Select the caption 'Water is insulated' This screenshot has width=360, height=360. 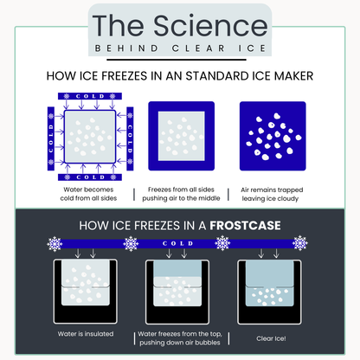click(x=84, y=332)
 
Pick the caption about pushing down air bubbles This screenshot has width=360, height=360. click(x=181, y=337)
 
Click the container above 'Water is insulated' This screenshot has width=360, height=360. click(x=84, y=290)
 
